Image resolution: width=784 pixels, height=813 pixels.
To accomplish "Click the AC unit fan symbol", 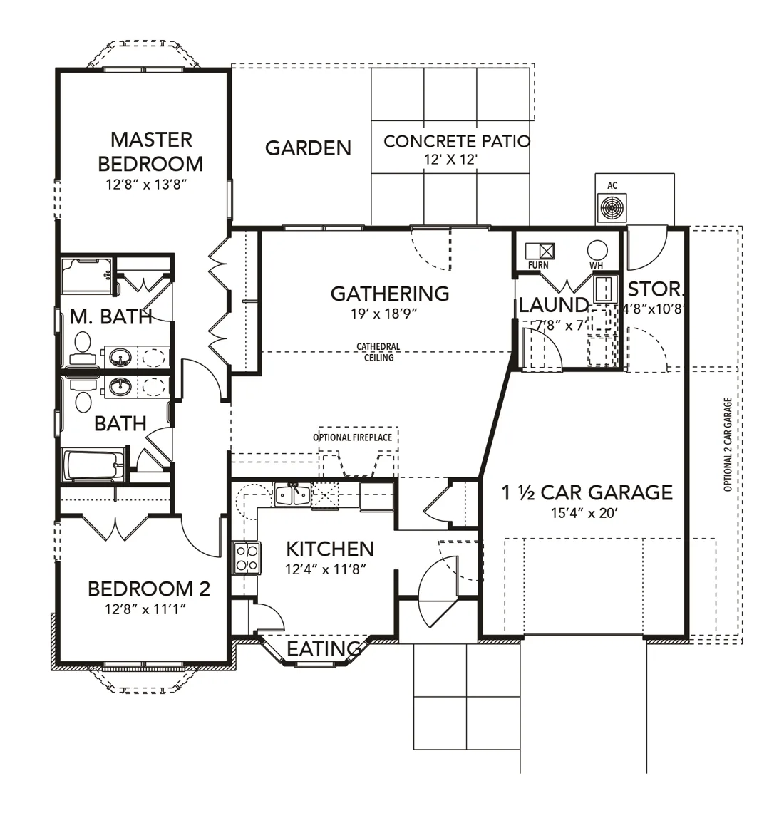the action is tap(612, 209).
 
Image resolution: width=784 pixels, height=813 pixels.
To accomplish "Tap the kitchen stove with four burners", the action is tap(247, 558).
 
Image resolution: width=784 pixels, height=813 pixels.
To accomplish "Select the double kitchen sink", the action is tap(293, 494).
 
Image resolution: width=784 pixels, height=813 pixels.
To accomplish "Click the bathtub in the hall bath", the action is tap(94, 465).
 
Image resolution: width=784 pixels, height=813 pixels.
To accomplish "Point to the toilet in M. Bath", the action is tap(82, 350).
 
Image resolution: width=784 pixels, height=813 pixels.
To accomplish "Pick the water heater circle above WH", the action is tap(597, 250).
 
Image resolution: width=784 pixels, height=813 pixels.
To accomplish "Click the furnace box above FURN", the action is tap(540, 252).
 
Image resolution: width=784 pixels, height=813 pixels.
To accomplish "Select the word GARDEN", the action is tap(308, 148).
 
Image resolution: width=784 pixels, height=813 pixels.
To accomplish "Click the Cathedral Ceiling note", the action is tap(378, 352).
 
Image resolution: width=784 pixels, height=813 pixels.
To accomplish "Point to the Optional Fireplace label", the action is tap(353, 437).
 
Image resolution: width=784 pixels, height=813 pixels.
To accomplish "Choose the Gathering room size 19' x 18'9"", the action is tap(384, 314).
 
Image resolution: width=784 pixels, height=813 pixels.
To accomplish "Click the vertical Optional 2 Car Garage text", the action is tap(728, 445).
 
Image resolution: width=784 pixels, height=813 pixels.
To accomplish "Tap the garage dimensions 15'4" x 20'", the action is tap(584, 513).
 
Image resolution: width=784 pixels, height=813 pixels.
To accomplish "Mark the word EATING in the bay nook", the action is tap(324, 648).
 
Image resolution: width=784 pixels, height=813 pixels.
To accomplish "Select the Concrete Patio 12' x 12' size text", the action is tap(450, 159).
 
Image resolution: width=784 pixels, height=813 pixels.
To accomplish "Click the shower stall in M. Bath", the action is tap(86, 275).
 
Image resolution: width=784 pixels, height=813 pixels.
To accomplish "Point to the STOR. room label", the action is tap(656, 289).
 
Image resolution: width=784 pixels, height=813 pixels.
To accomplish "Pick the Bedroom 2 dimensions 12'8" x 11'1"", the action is tap(145, 609).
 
